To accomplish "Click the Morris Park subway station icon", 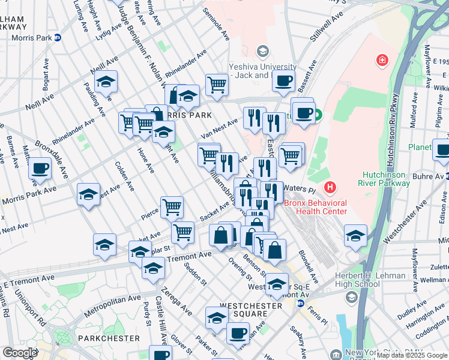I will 58,38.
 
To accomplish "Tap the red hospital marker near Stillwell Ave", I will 381,60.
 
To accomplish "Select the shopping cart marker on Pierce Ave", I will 172,206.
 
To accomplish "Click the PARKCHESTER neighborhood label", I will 109,338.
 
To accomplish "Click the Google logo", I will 20,353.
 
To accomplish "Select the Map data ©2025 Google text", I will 412,355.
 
